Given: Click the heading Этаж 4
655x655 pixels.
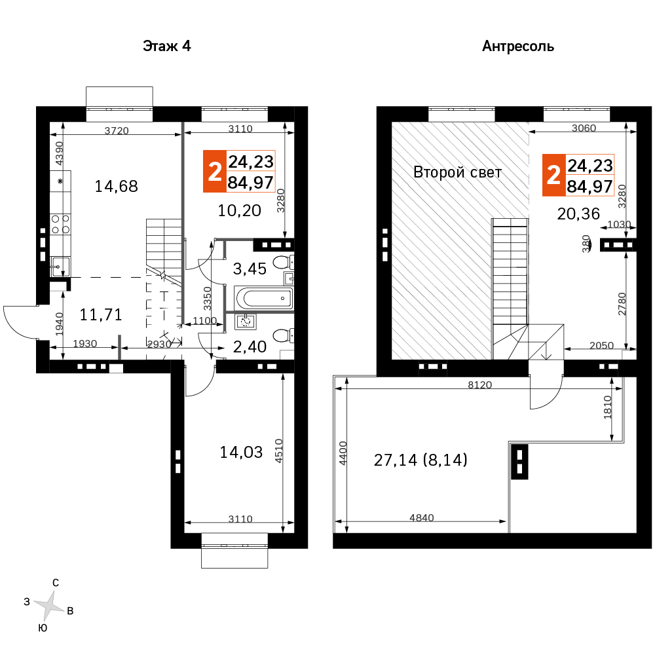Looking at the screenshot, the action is pyautogui.click(x=166, y=46).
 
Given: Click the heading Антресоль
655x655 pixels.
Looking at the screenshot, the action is pyautogui.click(x=518, y=47).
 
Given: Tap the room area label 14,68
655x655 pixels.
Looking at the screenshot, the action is pyautogui.click(x=116, y=186).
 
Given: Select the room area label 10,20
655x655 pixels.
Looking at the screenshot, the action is pyautogui.click(x=239, y=210).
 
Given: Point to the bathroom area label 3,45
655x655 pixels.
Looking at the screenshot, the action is pyautogui.click(x=250, y=269).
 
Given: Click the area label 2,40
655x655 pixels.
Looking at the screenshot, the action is pyautogui.click(x=250, y=346).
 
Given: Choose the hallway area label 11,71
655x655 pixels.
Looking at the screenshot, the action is pyautogui.click(x=101, y=314).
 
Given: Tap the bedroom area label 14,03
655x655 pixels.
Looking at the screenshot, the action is pyautogui.click(x=241, y=452).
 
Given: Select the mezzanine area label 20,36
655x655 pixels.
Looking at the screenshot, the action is pyautogui.click(x=578, y=214).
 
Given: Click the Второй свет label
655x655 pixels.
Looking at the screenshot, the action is pyautogui.click(x=457, y=172).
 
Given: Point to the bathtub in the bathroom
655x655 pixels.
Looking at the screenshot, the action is pyautogui.click(x=264, y=298).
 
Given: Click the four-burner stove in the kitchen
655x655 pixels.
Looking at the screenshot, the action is pyautogui.click(x=60, y=224).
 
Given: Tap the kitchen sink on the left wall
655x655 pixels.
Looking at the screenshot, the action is pyautogui.click(x=60, y=267).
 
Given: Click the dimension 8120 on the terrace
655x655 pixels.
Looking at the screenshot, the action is pyautogui.click(x=479, y=384).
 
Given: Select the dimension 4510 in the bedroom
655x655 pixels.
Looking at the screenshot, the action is pyautogui.click(x=278, y=451).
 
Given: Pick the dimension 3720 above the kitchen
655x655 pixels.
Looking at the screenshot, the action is pyautogui.click(x=117, y=131).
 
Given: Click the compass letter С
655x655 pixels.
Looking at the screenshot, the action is pyautogui.click(x=56, y=583).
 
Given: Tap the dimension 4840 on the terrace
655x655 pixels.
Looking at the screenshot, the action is pyautogui.click(x=421, y=517).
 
